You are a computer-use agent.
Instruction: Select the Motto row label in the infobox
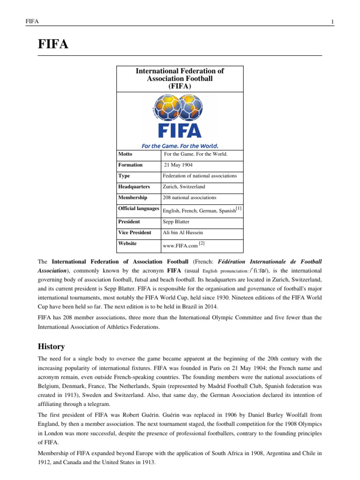click(125, 154)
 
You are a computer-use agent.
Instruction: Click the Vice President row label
click(135, 233)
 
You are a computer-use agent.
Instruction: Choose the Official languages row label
click(139, 208)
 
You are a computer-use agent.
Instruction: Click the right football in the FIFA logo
click(191, 109)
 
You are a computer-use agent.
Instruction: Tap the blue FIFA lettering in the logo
click(180, 129)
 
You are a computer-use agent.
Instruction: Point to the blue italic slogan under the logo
click(180, 146)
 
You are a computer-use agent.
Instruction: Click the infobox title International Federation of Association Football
click(180, 79)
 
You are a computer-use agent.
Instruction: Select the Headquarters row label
click(134, 187)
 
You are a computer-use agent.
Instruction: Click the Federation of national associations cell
click(199, 176)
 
